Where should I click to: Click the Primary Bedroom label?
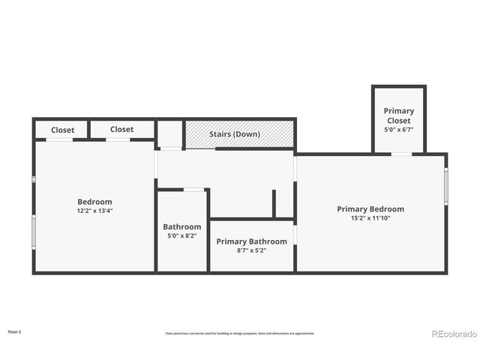[370, 209]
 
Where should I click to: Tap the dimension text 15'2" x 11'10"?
[370, 218]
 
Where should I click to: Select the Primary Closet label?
[398, 115]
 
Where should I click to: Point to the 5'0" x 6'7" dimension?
[398, 129]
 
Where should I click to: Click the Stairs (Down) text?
[235, 134]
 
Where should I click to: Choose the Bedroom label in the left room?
[94, 202]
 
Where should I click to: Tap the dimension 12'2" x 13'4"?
[94, 211]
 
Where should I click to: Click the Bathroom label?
[181, 226]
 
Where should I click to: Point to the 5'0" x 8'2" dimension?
[181, 235]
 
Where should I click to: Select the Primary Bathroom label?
[251, 241]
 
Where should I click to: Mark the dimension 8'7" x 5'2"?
[251, 250]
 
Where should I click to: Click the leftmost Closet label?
[62, 130]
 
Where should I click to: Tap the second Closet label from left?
[121, 129]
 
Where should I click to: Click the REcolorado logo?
[454, 334]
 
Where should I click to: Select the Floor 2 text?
[14, 331]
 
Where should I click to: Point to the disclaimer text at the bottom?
[240, 333]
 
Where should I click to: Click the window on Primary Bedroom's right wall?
[445, 186]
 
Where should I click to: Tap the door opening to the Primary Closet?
[401, 154]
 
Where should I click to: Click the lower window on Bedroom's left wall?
[33, 232]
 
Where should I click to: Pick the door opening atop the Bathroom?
[193, 190]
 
